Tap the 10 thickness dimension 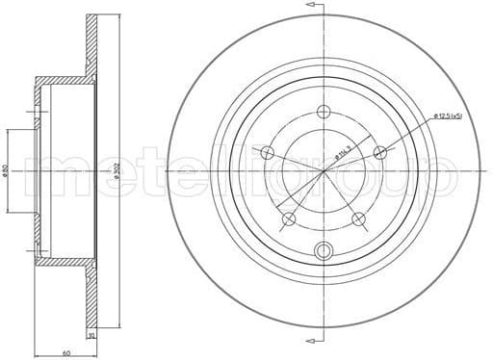click(x=91, y=337)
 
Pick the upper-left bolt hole click(x=268, y=152)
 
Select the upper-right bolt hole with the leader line click(x=380, y=152)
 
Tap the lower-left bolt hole click(x=289, y=219)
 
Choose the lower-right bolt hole click(x=359, y=219)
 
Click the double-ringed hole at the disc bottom click(x=324, y=252)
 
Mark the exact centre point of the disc click(x=324, y=171)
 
